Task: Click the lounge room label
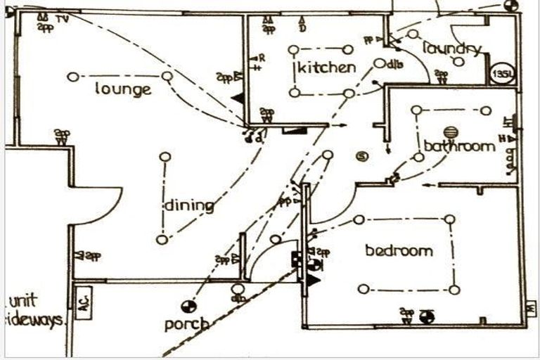pos(124,89)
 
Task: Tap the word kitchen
pos(326,67)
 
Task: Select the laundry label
pos(452,48)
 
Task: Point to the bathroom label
pos(459,146)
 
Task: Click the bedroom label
pos(399,250)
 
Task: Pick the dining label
pos(188,206)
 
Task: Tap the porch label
pos(187,324)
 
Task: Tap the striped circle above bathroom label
pos(449,131)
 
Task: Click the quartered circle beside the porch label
pos(188,306)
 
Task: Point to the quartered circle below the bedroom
pos(425,317)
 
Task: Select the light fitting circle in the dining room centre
pos(165,157)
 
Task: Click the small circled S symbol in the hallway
pos(363,156)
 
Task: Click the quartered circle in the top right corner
pos(511,6)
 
